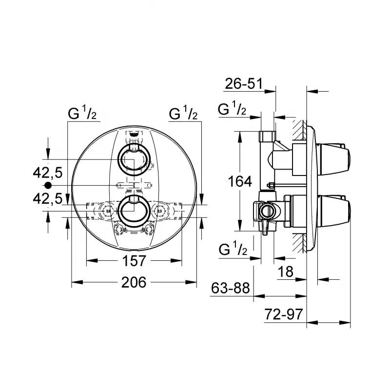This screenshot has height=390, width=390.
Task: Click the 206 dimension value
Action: click(x=134, y=282)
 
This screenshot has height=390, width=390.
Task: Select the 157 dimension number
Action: click(x=134, y=261)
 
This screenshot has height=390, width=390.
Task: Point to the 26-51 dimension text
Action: click(x=244, y=83)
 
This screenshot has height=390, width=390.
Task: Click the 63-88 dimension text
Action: click(x=230, y=288)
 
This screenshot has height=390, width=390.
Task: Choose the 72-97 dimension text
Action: click(x=284, y=314)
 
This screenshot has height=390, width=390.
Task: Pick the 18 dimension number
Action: click(x=285, y=272)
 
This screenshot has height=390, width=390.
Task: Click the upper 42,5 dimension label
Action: click(x=47, y=173)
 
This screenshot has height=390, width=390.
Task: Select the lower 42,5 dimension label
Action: click(x=47, y=199)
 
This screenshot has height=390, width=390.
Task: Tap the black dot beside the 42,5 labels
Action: click(x=48, y=185)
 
